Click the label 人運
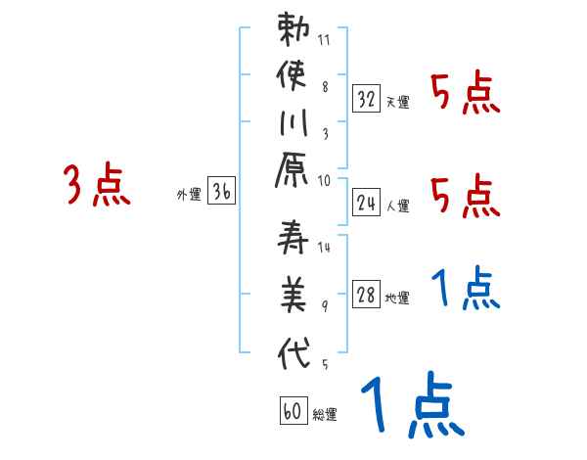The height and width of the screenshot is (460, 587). tap(397, 207)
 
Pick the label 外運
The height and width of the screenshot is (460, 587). tap(189, 195)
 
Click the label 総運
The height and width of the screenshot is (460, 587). tap(325, 415)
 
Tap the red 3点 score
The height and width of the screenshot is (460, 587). tap(96, 185)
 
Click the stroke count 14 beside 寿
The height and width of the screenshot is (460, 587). tap(325, 248)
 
